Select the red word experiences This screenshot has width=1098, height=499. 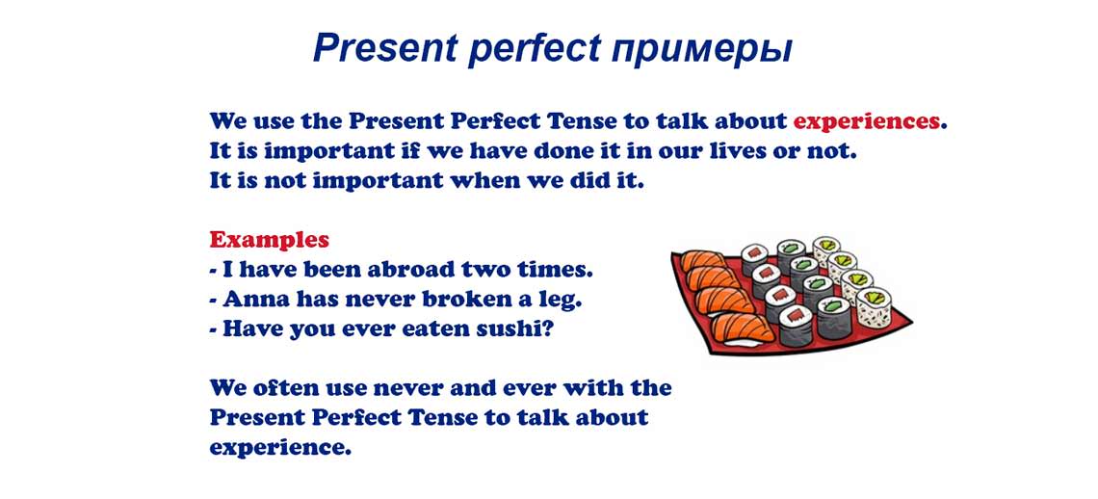[866, 121]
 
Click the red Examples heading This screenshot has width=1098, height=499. [269, 239]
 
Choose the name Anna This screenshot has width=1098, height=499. [255, 299]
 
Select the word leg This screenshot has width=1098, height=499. [561, 300]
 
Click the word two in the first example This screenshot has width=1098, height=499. [490, 269]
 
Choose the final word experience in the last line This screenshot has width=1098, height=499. [279, 448]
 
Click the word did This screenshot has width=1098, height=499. [582, 180]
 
